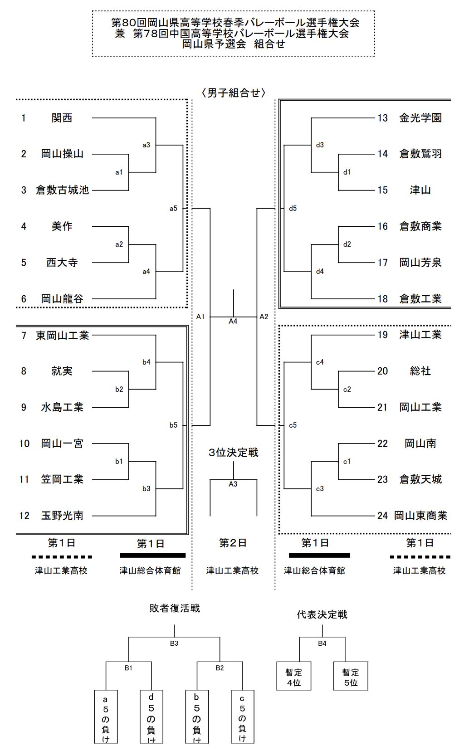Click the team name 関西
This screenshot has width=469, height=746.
click(x=62, y=118)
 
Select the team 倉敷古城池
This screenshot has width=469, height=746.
click(x=62, y=190)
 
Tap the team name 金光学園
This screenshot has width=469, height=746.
click(x=420, y=118)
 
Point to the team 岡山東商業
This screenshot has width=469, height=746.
click(x=420, y=516)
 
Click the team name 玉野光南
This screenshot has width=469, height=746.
click(x=62, y=516)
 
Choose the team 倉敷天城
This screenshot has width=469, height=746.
click(x=420, y=479)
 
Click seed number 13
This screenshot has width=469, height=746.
click(x=382, y=118)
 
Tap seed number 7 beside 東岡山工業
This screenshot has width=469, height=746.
click(x=24, y=336)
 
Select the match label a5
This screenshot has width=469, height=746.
click(x=173, y=209)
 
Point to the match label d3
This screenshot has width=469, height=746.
click(x=320, y=145)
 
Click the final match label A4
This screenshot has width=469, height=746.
click(x=233, y=322)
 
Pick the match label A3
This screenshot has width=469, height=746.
click(x=233, y=484)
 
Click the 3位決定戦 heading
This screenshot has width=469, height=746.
click(x=233, y=453)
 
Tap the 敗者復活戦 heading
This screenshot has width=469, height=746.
click(x=175, y=608)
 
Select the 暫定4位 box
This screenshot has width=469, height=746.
click(x=293, y=677)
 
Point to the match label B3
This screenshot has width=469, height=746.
click(x=174, y=644)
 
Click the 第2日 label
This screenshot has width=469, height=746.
click(x=233, y=543)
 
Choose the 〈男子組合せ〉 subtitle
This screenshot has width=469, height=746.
click(x=233, y=93)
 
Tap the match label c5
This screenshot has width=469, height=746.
click(x=293, y=425)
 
